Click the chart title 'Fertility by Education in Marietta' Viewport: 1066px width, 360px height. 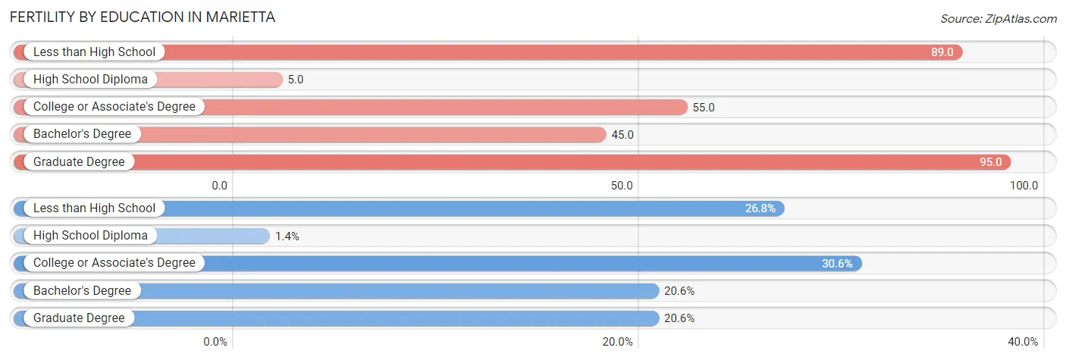(x=143, y=17)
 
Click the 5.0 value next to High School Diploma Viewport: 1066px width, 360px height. (x=296, y=80)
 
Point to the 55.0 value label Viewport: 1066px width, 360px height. (x=703, y=107)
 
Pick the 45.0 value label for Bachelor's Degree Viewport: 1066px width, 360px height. (x=622, y=134)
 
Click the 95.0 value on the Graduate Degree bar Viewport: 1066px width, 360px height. (x=989, y=161)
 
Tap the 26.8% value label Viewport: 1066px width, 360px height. (x=760, y=208)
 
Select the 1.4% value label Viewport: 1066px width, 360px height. (x=287, y=236)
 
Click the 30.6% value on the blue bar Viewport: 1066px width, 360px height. (x=838, y=263)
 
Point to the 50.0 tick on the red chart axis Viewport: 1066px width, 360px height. (x=622, y=185)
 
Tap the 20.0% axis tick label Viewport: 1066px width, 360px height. (x=618, y=341)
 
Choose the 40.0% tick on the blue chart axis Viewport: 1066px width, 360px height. (x=1023, y=341)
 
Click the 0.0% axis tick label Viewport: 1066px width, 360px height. (x=215, y=341)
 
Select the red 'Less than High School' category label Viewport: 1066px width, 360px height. (x=94, y=52)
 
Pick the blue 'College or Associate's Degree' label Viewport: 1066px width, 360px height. (x=114, y=263)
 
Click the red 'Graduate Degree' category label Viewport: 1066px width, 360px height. (x=79, y=161)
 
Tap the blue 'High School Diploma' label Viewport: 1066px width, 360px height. (x=90, y=236)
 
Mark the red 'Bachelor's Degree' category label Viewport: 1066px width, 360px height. (x=82, y=134)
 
